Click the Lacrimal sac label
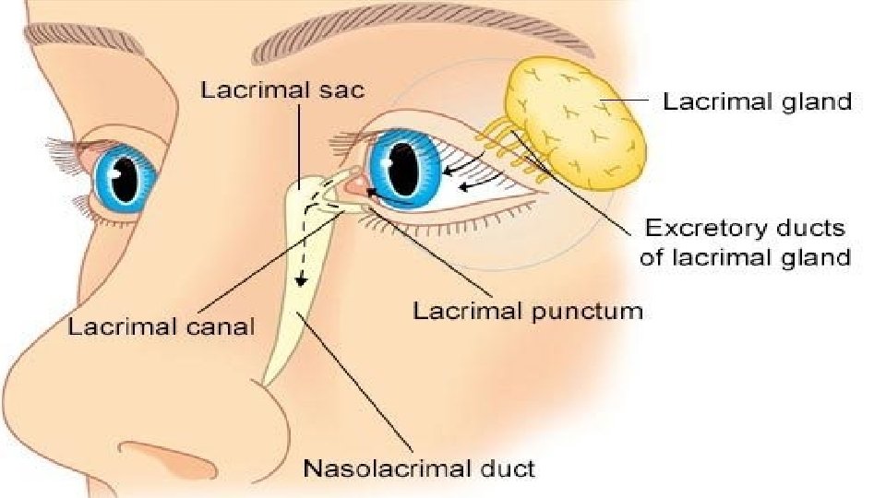coord(282,89)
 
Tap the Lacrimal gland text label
coord(757,101)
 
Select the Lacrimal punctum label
coord(527,311)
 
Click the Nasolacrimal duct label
coord(419,468)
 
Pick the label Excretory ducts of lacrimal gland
coord(745,242)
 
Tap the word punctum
coord(586,311)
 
